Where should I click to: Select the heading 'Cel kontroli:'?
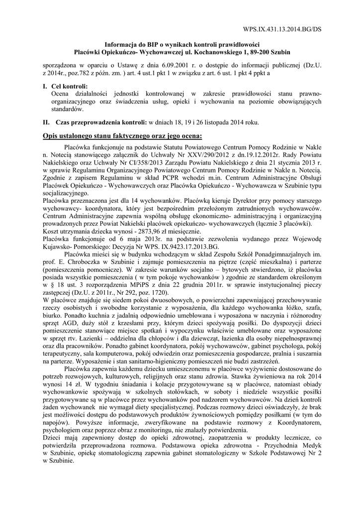[69, 86]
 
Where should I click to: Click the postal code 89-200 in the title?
[259, 52]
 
